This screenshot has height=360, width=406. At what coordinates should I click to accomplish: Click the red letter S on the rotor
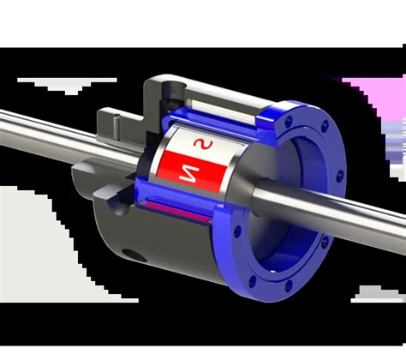point(203,144)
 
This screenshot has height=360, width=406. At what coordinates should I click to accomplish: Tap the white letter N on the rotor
point(189,174)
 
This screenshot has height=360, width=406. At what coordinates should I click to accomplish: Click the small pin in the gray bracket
point(116,127)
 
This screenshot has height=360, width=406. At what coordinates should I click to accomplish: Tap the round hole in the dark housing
point(134,255)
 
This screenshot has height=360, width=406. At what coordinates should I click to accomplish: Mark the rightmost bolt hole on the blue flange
point(339,176)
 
